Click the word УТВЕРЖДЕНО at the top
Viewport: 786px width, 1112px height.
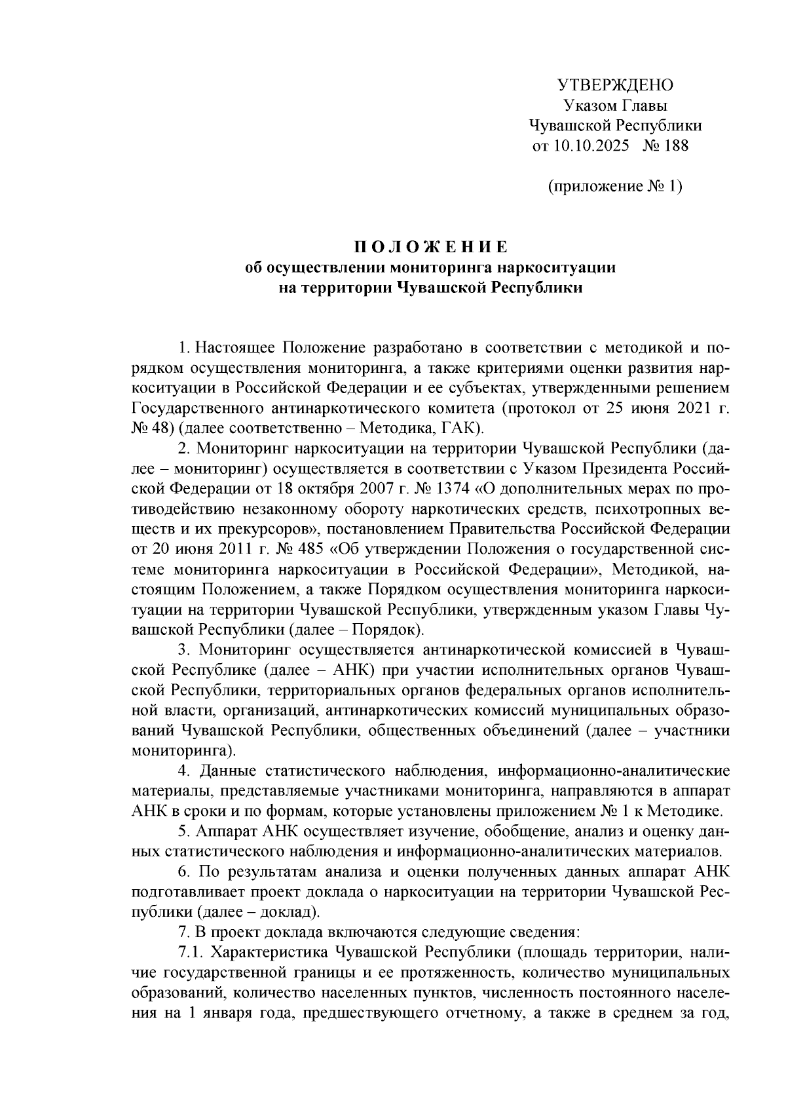tap(614, 85)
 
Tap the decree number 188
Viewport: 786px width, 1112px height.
tap(676, 145)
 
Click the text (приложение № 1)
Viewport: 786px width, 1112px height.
tap(614, 186)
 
